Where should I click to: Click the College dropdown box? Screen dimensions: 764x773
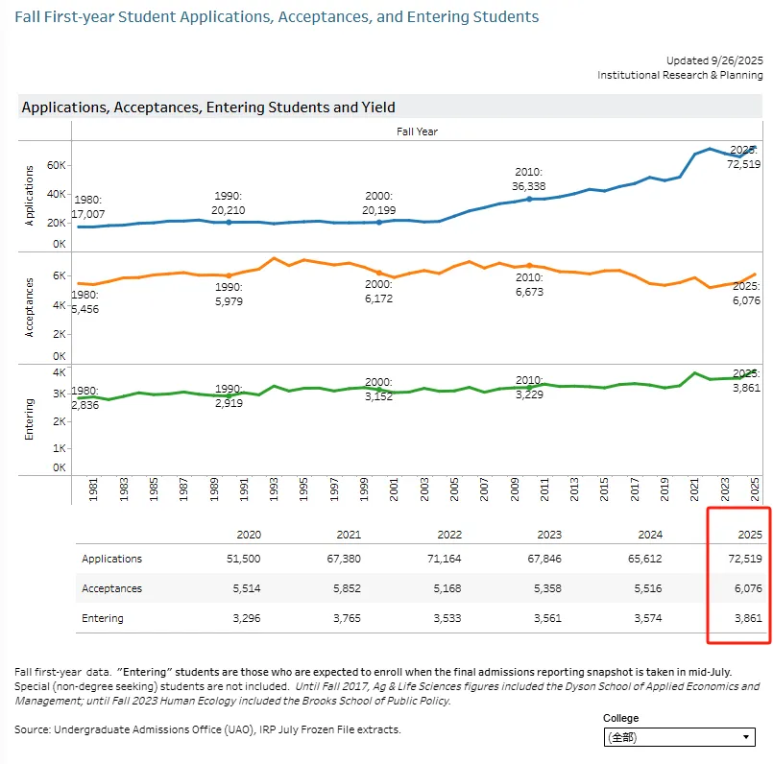click(x=679, y=737)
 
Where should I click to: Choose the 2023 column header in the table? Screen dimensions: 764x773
click(x=550, y=535)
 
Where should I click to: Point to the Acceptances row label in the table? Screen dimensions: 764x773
click(x=111, y=588)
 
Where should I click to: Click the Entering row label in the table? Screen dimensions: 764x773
click(x=103, y=618)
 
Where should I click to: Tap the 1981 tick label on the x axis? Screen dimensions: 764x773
click(x=93, y=489)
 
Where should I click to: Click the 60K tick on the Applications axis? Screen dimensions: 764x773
click(x=58, y=166)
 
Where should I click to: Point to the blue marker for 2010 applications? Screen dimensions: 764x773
click(x=529, y=199)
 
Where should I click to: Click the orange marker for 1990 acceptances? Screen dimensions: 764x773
click(x=228, y=275)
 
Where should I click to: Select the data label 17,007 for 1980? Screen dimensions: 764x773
click(x=87, y=214)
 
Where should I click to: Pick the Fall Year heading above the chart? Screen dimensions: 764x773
click(x=417, y=131)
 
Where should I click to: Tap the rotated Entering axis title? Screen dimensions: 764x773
click(x=29, y=418)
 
